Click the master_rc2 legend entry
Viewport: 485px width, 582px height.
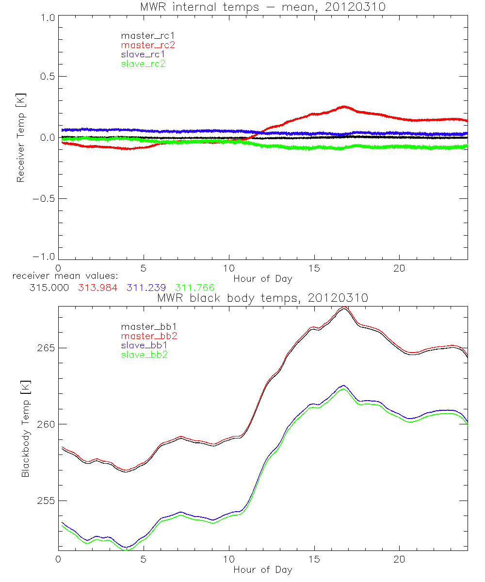tap(147, 45)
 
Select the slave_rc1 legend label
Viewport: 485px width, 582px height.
tap(144, 54)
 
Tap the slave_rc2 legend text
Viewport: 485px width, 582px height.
tap(144, 63)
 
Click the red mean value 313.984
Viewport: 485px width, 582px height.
tap(97, 288)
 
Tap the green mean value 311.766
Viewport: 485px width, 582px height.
tap(195, 288)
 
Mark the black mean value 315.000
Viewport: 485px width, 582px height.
tap(48, 288)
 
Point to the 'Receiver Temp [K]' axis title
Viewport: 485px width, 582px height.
tap(20, 138)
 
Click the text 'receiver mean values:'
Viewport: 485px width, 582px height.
tap(62, 276)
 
